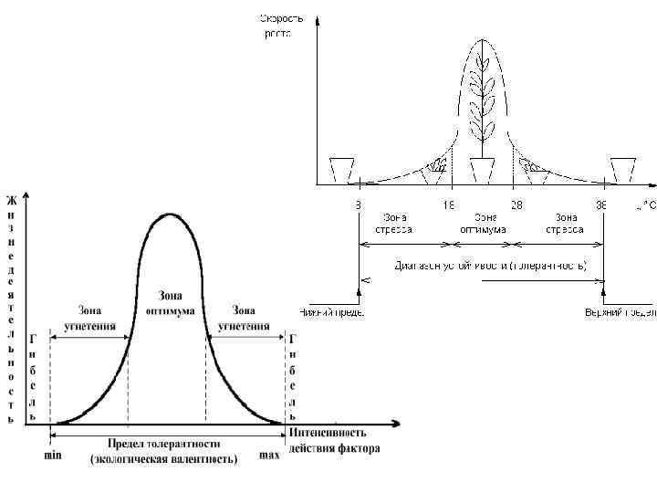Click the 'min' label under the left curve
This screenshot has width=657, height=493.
coord(54,454)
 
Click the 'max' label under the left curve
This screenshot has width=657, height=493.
coord(270,454)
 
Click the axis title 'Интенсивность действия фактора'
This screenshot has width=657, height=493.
coord(334,440)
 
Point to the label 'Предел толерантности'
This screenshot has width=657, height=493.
coord(163,445)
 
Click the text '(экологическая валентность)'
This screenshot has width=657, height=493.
coord(163,459)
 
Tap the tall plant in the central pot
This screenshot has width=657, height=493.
coord(482,100)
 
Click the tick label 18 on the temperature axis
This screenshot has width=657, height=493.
coord(449,206)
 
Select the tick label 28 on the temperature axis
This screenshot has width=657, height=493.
coord(516,206)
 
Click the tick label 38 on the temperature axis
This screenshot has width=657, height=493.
coord(601,206)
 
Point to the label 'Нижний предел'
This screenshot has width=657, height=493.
coord(332,312)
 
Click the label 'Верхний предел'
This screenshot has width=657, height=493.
coord(620,312)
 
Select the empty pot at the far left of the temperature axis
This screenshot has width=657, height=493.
coord(341,171)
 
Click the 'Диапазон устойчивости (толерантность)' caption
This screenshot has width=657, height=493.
coord(491,267)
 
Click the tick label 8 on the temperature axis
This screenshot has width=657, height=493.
coord(358,206)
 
